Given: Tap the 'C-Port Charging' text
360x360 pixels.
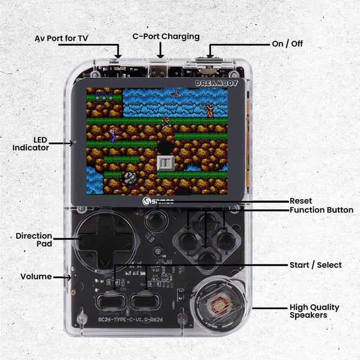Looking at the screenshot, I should [x=166, y=37].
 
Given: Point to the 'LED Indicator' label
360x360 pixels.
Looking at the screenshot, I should [x=31, y=143].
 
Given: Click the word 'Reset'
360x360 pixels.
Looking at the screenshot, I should [x=301, y=201].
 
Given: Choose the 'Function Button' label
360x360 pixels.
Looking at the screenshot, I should [x=321, y=210].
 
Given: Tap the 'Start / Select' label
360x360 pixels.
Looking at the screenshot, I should [x=316, y=265].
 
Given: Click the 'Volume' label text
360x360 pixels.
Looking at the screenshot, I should [x=36, y=277].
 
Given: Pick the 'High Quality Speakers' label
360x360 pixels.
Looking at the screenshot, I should [x=314, y=311].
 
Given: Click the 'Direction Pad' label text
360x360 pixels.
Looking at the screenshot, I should [x=34, y=240].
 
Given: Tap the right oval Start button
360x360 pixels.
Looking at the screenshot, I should [x=145, y=301].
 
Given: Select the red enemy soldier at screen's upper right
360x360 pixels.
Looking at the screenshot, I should [x=208, y=110].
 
